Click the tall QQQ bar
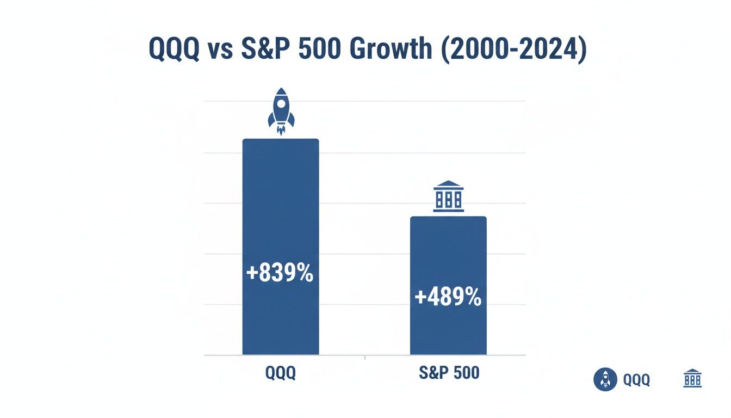280,218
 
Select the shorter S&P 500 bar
448,256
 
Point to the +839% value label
280,273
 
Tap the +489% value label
448,297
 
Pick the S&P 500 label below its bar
449,373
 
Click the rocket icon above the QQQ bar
281,111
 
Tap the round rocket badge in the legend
605,379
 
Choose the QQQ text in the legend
636,380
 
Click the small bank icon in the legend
692,378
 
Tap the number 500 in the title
318,50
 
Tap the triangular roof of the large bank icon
449,184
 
